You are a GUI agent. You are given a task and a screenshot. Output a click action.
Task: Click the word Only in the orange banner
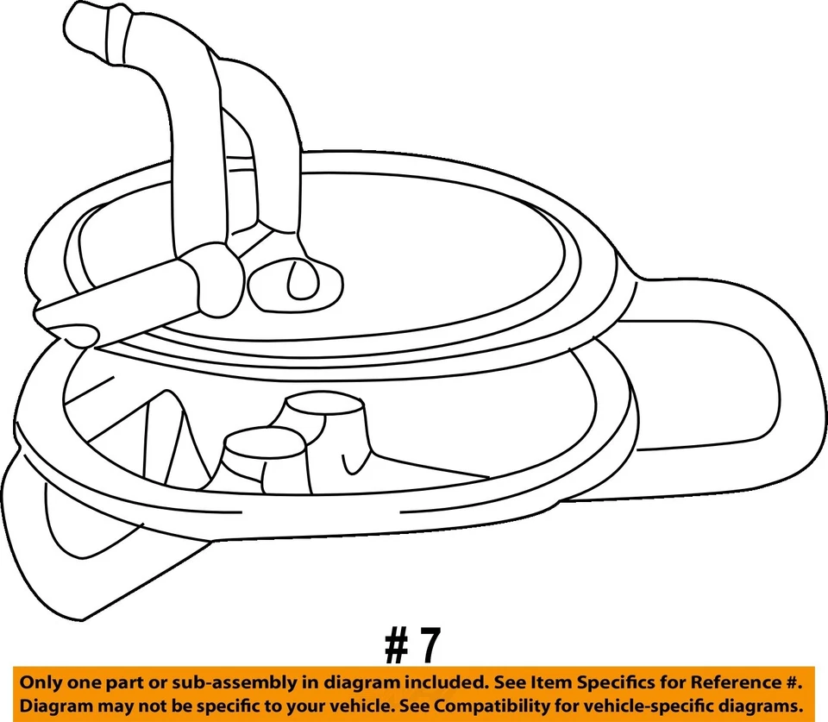pyautogui.click(x=41, y=682)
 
